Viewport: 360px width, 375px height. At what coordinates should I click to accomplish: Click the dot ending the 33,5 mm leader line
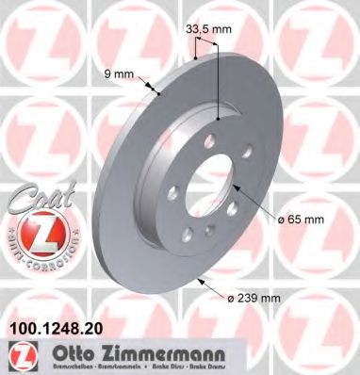coord(218,120)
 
